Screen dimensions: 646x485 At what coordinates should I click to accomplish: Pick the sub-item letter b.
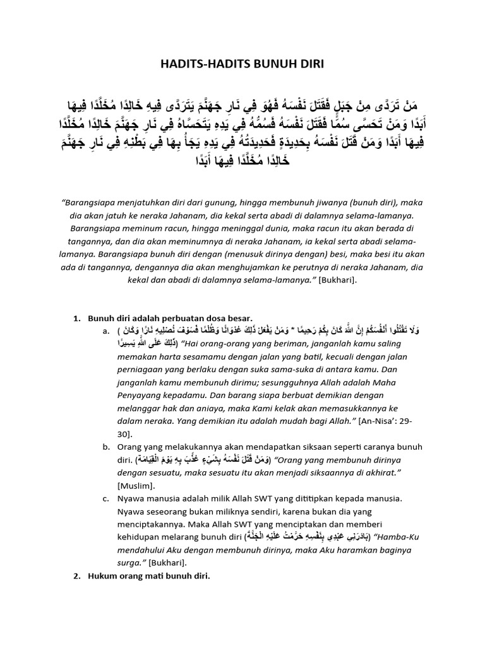tap(104, 447)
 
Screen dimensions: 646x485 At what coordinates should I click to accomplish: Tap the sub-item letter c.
tap(104, 498)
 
